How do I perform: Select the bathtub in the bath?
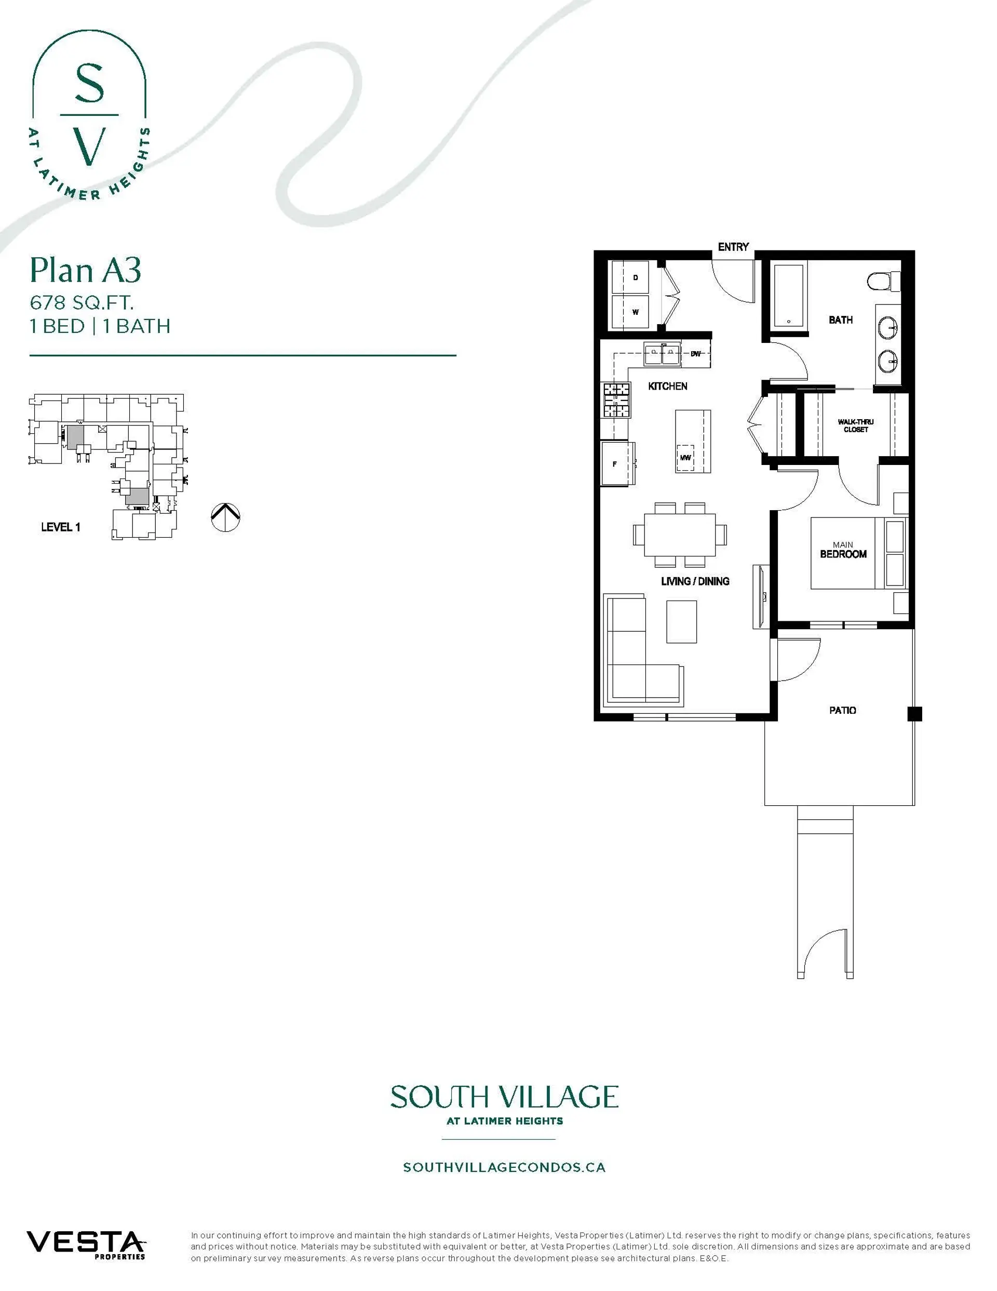click(789, 295)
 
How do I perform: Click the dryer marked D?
click(630, 277)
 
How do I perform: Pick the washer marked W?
click(630, 312)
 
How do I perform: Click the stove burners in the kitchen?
click(616, 400)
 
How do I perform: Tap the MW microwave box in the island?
click(685, 458)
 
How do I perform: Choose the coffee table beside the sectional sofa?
click(681, 621)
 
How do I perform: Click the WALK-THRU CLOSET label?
click(855, 425)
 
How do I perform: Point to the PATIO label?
click(842, 710)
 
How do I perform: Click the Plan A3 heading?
click(86, 270)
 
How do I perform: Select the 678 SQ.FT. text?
click(82, 303)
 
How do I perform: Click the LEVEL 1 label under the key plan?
click(61, 527)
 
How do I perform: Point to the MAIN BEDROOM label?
click(843, 550)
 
